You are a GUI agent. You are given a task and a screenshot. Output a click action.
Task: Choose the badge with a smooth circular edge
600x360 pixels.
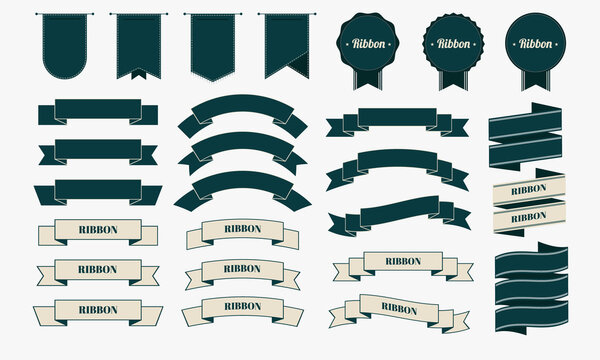click(532, 42)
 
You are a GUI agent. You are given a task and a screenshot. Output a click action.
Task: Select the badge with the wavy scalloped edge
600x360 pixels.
click(365, 42)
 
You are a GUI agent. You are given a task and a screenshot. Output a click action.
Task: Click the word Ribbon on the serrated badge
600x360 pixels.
click(449, 43)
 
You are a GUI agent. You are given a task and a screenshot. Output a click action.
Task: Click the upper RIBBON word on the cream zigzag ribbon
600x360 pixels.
click(528, 189)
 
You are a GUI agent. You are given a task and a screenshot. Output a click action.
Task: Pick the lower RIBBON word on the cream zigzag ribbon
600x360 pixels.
click(528, 215)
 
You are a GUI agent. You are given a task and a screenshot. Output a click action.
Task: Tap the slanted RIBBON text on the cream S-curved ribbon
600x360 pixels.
click(399, 309)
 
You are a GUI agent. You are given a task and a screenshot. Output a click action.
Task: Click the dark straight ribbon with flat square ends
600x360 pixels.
click(97, 108)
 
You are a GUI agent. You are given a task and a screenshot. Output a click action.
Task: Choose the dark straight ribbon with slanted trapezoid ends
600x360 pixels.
click(97, 190)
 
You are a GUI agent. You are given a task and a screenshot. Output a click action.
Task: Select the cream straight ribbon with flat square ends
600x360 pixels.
click(97, 230)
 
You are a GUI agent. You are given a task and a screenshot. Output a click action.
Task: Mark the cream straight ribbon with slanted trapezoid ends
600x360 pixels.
click(97, 309)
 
